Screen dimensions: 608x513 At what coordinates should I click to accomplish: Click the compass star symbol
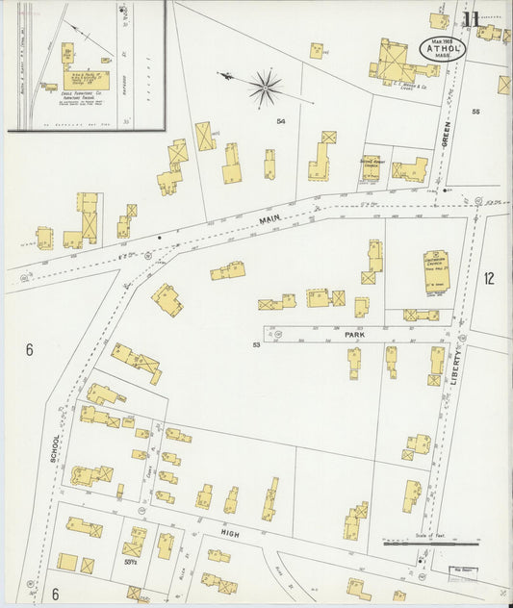[264, 89]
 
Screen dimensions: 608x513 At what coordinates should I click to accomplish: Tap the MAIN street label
[269, 220]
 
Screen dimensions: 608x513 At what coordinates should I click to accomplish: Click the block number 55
[475, 113]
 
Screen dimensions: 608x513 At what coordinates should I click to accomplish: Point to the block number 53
[257, 344]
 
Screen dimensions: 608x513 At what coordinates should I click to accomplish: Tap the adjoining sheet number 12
[489, 279]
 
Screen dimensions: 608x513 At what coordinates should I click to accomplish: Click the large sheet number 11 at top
[471, 18]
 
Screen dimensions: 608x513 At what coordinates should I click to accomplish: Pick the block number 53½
[131, 561]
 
